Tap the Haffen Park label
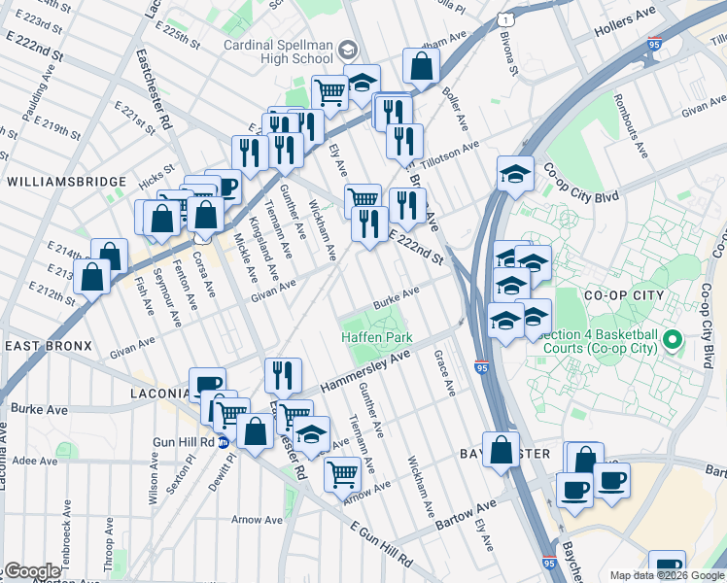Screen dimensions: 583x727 tap(377, 337)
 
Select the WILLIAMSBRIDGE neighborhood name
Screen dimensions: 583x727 tap(66, 182)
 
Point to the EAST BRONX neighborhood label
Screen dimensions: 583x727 tap(48, 346)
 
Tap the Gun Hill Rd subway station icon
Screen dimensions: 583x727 tap(223, 442)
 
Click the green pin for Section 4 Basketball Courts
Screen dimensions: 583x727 tap(696, 341)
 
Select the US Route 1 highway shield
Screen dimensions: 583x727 tap(504, 19)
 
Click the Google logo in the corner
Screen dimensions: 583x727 tap(31, 570)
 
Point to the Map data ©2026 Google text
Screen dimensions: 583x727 tap(667, 575)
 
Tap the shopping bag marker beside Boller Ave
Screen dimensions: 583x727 tap(422, 66)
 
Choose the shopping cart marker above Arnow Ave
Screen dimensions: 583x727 tap(342, 473)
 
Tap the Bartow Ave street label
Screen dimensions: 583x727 tap(466, 509)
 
